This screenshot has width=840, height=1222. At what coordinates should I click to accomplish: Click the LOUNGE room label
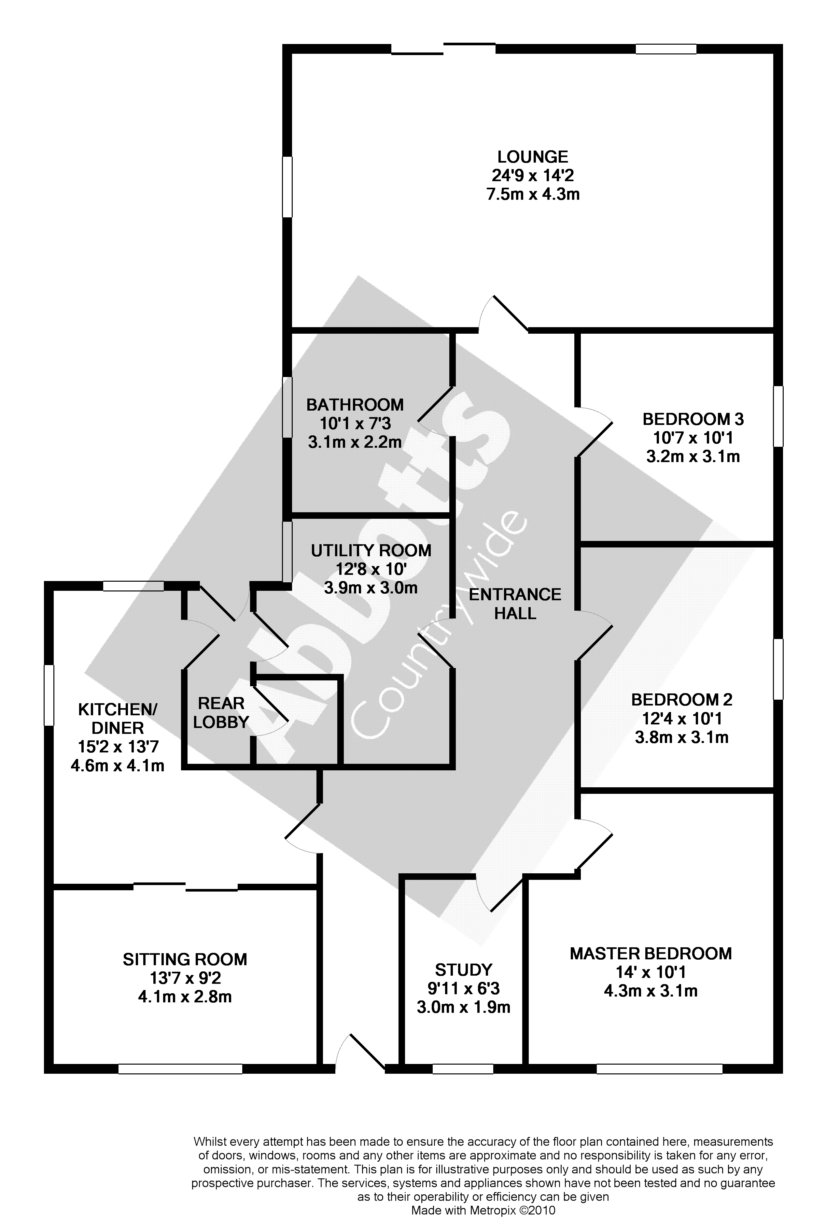click(533, 157)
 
